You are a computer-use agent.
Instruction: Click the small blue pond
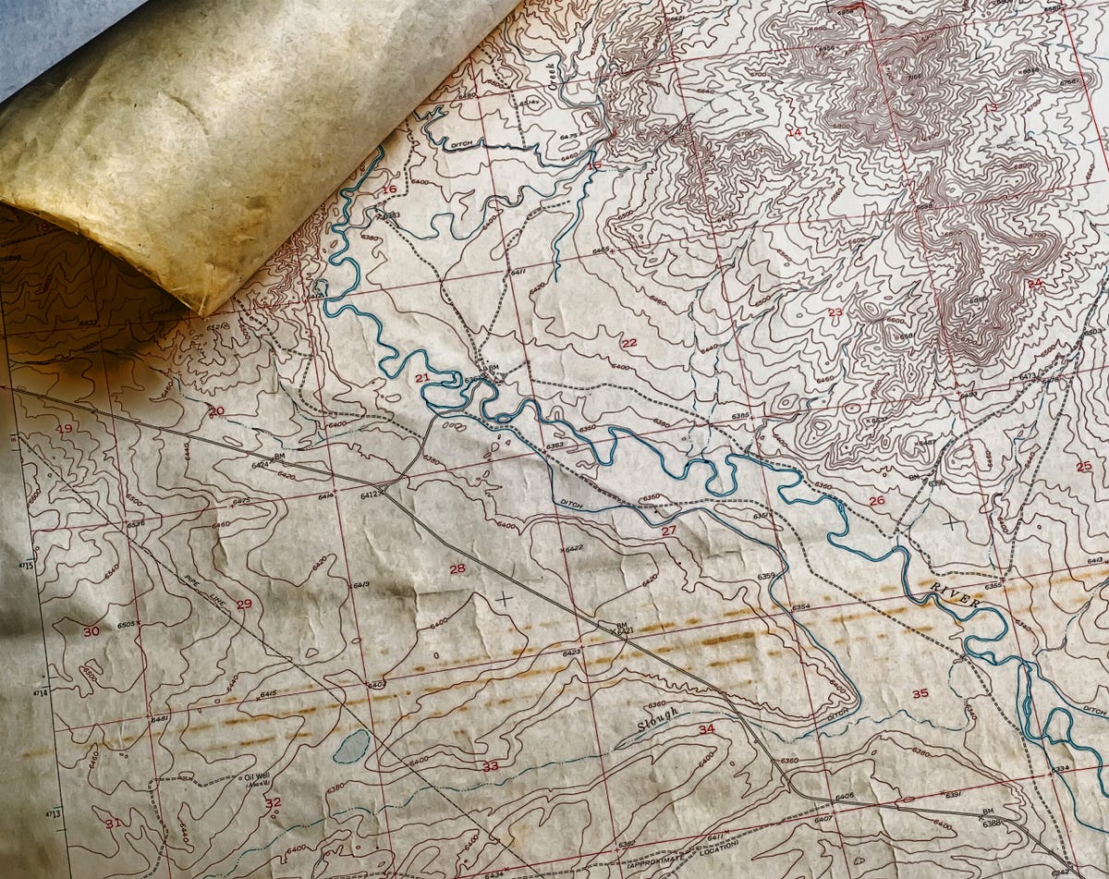[x=351, y=745]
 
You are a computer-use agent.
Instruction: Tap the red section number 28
[x=457, y=568]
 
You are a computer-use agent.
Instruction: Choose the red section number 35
[x=920, y=693]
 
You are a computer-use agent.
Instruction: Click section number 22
[x=629, y=343]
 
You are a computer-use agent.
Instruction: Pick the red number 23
[x=835, y=312]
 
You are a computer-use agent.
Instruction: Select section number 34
[x=707, y=729]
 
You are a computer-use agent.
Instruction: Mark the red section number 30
[x=91, y=631]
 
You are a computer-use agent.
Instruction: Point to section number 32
[x=273, y=802]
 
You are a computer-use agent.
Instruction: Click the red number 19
[x=64, y=429]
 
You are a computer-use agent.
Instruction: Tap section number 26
[x=876, y=500]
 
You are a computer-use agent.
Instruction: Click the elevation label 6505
[x=128, y=625]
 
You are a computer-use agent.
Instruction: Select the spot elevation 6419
[x=360, y=585]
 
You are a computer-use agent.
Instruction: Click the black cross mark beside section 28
[x=504, y=598]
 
